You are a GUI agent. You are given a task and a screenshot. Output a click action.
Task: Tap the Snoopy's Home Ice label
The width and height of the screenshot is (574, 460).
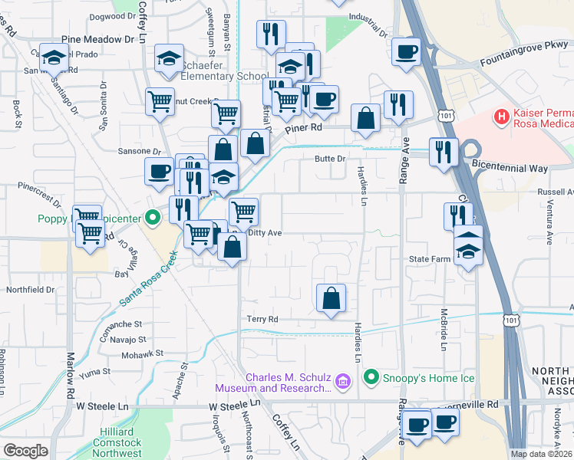click(430, 377)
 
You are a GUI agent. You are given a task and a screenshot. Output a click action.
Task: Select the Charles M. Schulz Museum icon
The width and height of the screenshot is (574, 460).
click(343, 381)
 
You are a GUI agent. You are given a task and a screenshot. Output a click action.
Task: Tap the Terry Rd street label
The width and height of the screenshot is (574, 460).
click(262, 319)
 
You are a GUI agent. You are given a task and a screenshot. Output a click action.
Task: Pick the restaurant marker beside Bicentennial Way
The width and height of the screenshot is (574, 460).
click(444, 151)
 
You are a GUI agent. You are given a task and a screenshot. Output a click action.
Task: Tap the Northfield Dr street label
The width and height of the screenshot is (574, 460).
click(31, 290)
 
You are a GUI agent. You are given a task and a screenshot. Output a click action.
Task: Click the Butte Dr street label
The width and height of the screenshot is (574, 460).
click(332, 159)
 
